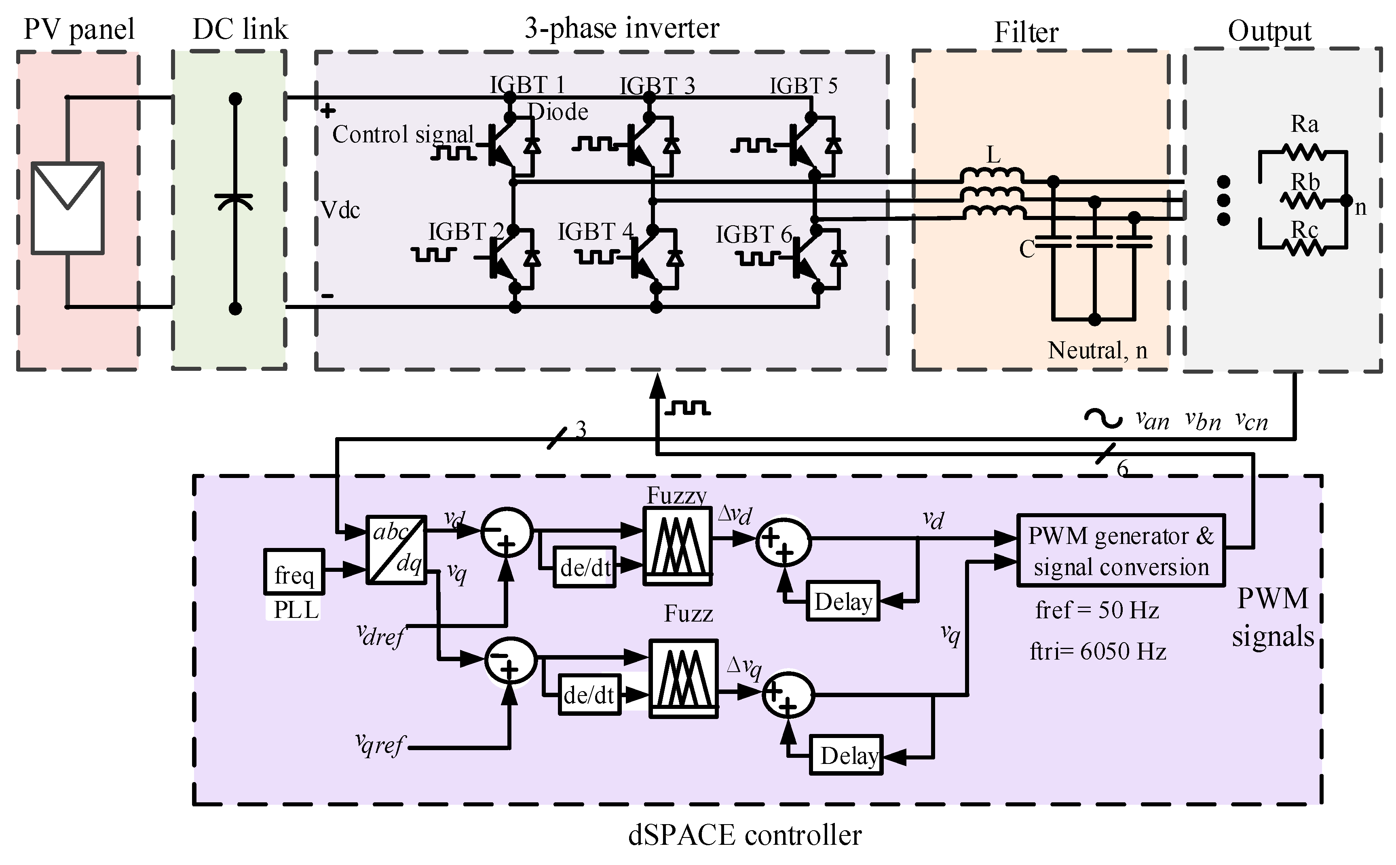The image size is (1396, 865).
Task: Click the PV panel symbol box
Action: [68, 208]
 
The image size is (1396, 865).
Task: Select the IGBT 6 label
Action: [753, 235]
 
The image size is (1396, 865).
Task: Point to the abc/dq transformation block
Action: [396, 550]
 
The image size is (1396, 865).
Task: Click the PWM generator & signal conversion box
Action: [1120, 551]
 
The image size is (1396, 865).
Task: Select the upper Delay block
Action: [843, 601]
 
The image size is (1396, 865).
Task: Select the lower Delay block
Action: [847, 755]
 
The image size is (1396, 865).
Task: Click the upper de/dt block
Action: [585, 567]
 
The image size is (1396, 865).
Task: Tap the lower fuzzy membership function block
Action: [683, 678]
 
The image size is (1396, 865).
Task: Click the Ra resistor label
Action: [1305, 124]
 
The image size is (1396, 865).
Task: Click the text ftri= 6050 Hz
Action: [1098, 651]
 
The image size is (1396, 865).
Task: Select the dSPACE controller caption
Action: [745, 835]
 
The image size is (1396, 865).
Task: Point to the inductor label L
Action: [993, 155]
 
